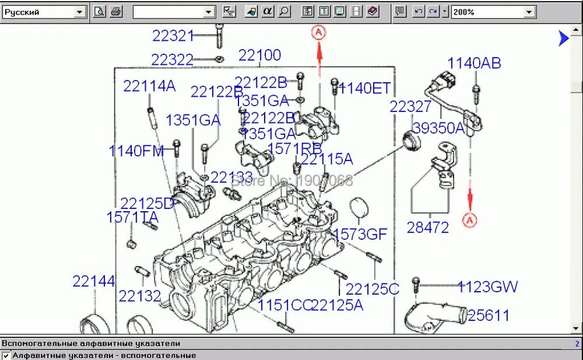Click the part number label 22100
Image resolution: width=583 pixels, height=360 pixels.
pos(259,55)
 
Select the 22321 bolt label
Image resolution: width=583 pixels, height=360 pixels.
pos(173,36)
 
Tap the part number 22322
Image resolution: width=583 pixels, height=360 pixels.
pos(172,60)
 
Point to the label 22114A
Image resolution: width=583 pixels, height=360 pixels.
pos(149,86)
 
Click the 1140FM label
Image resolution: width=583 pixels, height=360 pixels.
pos(136,151)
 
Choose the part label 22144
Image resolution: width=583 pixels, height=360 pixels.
pos(94,281)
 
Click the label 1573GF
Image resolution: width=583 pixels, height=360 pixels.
pos(360,235)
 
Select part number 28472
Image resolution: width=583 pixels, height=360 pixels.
pos(428,228)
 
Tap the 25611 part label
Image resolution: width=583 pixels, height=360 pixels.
pos(489,316)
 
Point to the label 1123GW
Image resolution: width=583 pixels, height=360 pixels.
pos(487,286)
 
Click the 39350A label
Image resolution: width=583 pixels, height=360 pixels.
pos(439,128)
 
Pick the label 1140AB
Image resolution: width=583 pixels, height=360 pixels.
pos(474,63)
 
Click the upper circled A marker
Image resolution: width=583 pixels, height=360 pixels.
pos(318,33)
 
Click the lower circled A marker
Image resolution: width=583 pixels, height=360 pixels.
pos(470,219)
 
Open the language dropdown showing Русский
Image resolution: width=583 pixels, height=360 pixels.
pos(44,11)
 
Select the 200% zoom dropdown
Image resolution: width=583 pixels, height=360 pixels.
pos(493,11)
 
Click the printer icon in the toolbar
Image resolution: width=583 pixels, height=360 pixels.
pos(116,11)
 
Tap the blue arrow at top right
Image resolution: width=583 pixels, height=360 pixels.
pos(563,39)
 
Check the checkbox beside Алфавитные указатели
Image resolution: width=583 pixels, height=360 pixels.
pos(6,355)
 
